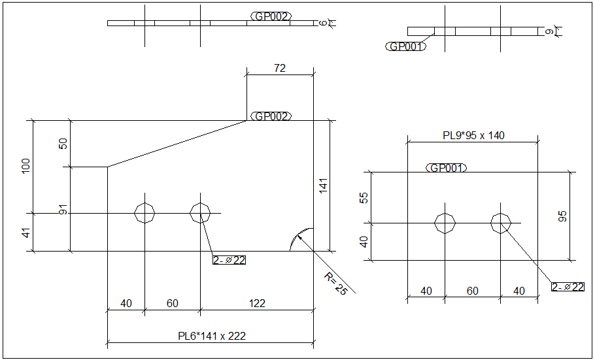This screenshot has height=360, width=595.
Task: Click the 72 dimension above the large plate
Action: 279,68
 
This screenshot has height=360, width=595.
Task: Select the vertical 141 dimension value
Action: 322,186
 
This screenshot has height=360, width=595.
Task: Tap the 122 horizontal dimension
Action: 257,303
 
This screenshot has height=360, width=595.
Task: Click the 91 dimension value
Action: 63,210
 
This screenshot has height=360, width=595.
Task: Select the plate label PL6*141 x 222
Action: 212,336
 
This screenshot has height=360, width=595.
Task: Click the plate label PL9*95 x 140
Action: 473,136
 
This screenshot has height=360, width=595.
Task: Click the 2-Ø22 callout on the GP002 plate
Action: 229,261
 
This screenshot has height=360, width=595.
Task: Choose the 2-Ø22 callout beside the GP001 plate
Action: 568,287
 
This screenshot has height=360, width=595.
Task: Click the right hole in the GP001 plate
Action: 501,223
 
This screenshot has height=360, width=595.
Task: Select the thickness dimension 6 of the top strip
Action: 323,23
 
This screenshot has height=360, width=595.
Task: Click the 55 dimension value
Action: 364,197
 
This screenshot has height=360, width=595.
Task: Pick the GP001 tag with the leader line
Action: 406,46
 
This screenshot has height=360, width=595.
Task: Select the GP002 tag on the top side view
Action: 271,16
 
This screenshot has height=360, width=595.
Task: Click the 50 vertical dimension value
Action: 63,144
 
